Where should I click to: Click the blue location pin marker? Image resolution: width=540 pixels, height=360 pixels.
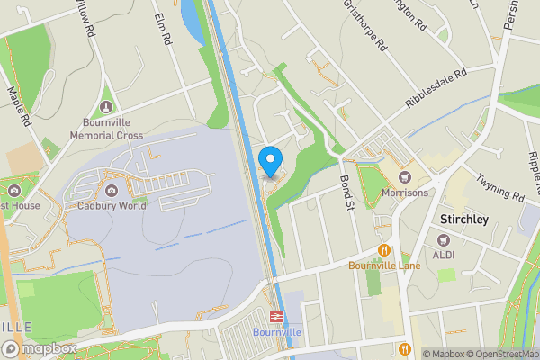(271, 163)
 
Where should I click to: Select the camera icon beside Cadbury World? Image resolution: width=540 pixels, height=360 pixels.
(112, 191)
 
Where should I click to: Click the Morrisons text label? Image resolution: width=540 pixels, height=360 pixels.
(404, 193)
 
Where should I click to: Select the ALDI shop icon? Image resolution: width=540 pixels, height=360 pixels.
(444, 240)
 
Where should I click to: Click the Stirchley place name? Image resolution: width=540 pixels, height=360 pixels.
(465, 219)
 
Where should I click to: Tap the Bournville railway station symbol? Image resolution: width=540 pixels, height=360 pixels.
(275, 316)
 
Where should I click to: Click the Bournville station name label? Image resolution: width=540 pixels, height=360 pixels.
(275, 332)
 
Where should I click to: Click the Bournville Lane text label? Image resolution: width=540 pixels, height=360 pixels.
(384, 265)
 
